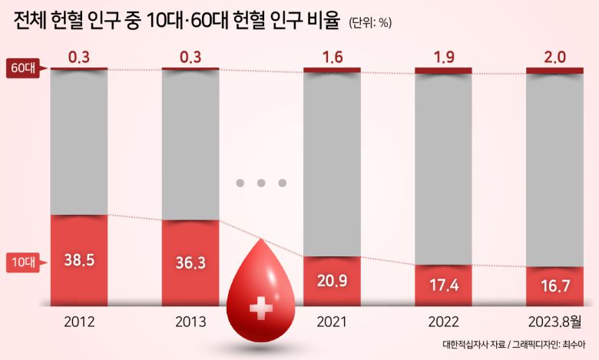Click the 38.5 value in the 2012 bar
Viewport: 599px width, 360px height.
coord(79,260)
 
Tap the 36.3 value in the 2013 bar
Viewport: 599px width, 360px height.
coord(190,263)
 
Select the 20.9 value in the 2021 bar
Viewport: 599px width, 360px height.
coord(332,280)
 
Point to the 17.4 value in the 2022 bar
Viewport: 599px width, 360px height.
coord(443,285)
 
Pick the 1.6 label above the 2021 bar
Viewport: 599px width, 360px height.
coord(332,58)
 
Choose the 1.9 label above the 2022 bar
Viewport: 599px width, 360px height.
coord(443,58)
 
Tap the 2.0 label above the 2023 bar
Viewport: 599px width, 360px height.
coord(554,58)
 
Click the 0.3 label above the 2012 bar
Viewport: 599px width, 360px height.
coord(79,58)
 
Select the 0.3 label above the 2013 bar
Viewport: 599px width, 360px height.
coord(190,58)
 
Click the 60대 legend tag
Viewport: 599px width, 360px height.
coord(22,68)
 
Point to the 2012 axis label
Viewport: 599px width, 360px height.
coord(79,321)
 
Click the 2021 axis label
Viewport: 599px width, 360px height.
coord(332,321)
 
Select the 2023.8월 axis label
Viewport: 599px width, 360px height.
coord(554,321)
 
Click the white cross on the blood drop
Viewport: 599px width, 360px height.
coord(262,309)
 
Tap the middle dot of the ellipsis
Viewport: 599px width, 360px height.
coord(261,183)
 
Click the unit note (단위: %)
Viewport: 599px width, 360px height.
coord(370,22)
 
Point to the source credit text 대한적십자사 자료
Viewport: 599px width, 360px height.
coord(475,345)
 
